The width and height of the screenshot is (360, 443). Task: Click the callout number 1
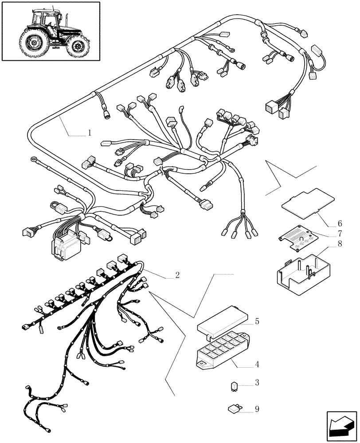(x=90, y=132)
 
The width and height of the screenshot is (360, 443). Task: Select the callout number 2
(x=177, y=275)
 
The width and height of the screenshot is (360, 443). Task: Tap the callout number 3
(x=257, y=382)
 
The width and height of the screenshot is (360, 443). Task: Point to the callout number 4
(x=257, y=365)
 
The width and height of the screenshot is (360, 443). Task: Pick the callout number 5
(x=257, y=320)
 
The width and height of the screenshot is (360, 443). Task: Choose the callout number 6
(x=340, y=223)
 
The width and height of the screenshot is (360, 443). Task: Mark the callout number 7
(x=340, y=233)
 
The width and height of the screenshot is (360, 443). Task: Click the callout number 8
(x=340, y=243)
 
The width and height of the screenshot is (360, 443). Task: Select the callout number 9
(x=257, y=409)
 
